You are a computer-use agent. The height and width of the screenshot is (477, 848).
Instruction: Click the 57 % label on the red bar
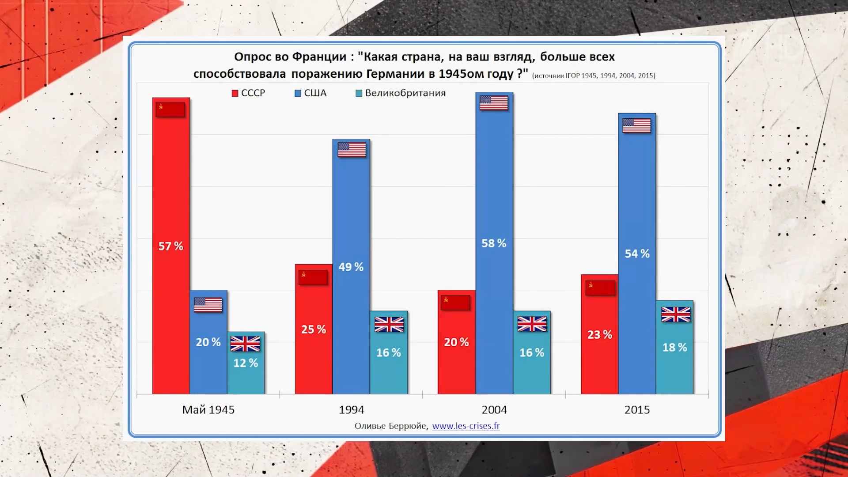(170, 246)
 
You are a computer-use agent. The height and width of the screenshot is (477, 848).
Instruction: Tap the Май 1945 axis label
(208, 410)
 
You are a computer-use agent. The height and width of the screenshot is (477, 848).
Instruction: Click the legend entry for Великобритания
(401, 93)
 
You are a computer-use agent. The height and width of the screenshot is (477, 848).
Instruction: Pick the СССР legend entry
(248, 93)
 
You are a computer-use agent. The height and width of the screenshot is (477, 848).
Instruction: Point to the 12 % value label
(246, 363)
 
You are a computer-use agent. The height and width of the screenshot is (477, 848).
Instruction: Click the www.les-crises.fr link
(466, 426)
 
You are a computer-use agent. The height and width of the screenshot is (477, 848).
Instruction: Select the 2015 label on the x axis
(637, 410)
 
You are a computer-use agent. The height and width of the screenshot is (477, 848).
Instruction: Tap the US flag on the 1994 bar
(352, 150)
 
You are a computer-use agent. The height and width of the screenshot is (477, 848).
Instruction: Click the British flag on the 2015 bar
(675, 314)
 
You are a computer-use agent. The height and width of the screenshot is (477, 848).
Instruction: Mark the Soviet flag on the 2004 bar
(455, 303)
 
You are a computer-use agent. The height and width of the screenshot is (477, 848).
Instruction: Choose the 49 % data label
(351, 267)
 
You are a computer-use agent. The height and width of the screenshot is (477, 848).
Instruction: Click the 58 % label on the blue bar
(494, 243)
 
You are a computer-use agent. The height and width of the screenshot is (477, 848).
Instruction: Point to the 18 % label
(674, 348)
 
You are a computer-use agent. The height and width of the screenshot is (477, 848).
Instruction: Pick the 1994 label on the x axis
(351, 410)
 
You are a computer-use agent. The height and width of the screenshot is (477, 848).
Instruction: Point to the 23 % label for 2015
(599, 335)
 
